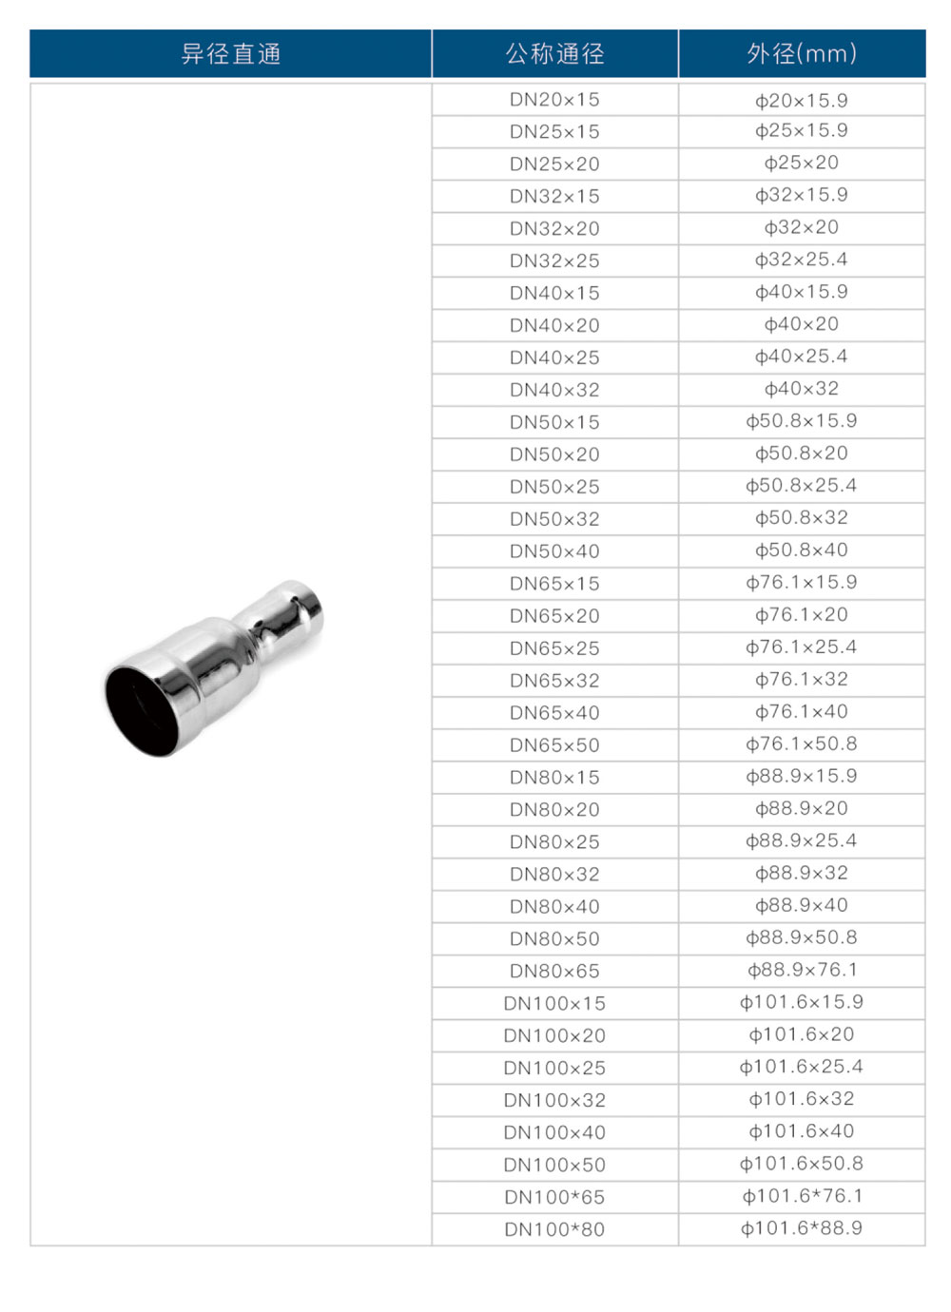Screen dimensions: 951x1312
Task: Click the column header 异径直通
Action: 230,54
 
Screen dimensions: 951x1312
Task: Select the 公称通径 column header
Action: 554,54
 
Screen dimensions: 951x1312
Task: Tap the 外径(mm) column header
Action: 802,54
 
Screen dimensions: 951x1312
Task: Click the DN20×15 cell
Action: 554,100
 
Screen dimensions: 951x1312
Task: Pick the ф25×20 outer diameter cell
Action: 802,163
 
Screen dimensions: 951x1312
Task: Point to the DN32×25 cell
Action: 554,260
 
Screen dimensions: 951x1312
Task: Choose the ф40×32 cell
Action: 802,388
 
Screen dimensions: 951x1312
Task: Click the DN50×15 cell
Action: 554,422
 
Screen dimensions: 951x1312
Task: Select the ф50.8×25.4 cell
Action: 802,486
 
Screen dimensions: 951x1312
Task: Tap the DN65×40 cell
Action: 554,713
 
